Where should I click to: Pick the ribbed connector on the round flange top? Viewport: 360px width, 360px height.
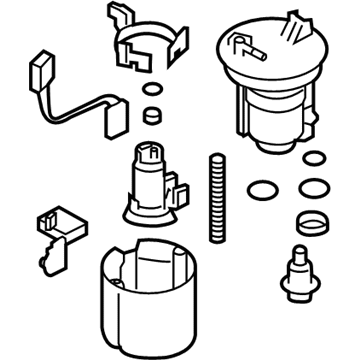[x=297, y=24]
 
